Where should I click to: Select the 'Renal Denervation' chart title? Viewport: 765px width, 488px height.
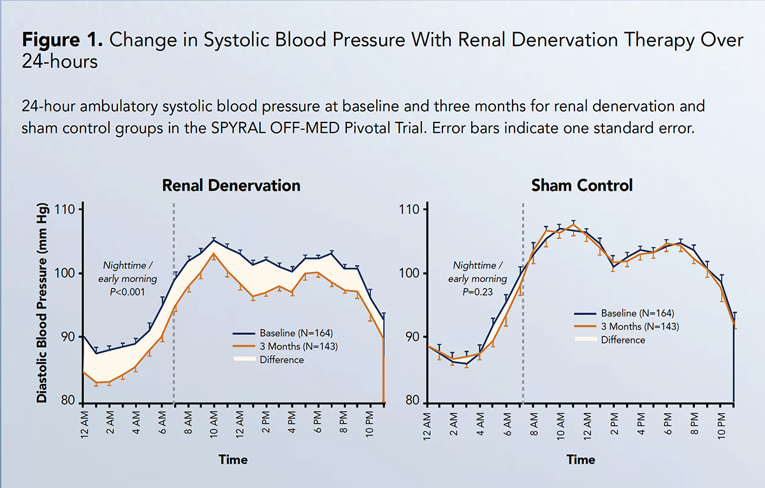click(231, 186)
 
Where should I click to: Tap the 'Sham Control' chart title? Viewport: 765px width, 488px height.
click(582, 186)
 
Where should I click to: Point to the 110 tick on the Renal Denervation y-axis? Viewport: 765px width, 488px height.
click(64, 210)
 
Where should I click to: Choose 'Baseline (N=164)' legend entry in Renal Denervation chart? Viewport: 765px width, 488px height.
click(296, 333)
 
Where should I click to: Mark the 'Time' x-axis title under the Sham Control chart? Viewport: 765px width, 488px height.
click(581, 459)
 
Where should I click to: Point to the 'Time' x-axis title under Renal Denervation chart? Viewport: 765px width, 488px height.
click(233, 459)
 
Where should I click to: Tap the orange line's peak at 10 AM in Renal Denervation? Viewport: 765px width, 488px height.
click(214, 254)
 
